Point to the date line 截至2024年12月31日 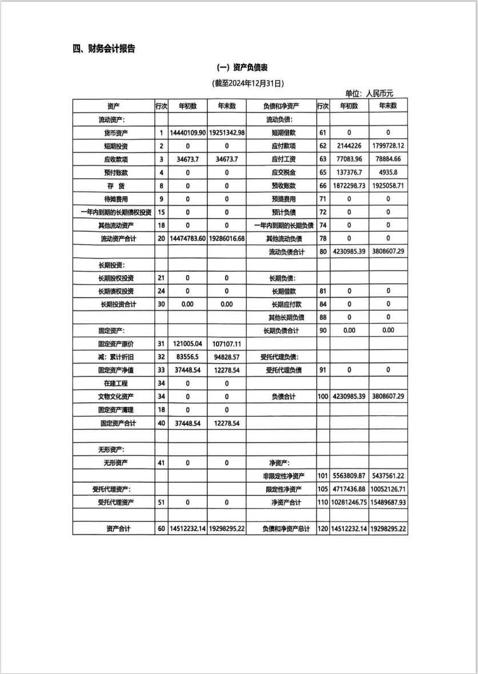[x=247, y=83]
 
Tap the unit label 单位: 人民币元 [x=369, y=94]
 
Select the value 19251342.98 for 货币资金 [x=227, y=132]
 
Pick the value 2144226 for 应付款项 [x=349, y=146]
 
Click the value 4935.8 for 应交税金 [x=388, y=172]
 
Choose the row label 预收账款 [x=283, y=186]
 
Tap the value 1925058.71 [x=388, y=186]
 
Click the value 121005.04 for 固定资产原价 [x=187, y=344]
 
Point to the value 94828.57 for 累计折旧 [x=227, y=357]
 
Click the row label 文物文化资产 [x=116, y=397]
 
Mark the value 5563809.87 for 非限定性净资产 [x=349, y=476]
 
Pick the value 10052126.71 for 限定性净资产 [x=388, y=490]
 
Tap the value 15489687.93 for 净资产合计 [x=388, y=503]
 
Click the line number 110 [x=323, y=503]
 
